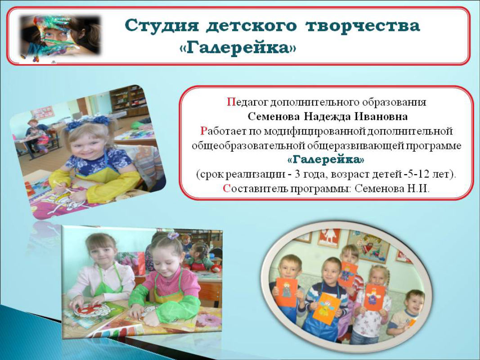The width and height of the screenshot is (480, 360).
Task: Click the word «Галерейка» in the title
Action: pos(238,48)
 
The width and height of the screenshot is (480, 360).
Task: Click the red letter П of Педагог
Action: pos(230,102)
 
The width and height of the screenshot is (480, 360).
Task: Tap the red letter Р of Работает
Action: pos(204,131)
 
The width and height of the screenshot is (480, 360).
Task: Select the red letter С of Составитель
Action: pos(226,189)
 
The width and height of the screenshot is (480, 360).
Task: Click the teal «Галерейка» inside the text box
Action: pos(326,159)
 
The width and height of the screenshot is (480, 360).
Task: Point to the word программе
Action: pos(433,146)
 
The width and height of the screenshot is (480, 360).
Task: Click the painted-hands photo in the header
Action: pos(60,37)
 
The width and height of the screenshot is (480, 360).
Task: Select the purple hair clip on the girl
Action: pos(173,235)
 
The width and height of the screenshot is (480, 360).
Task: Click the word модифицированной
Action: pos(314,131)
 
